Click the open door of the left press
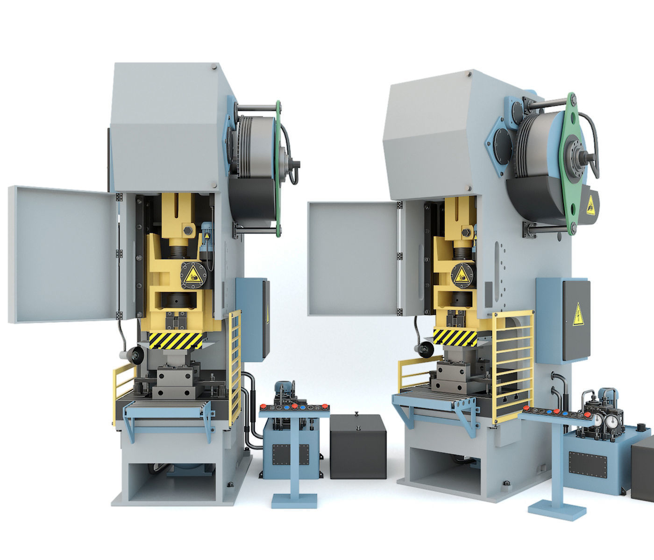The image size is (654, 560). [63, 254]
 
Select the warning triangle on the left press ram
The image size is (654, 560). [192, 276]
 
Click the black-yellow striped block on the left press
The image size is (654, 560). [176, 340]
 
